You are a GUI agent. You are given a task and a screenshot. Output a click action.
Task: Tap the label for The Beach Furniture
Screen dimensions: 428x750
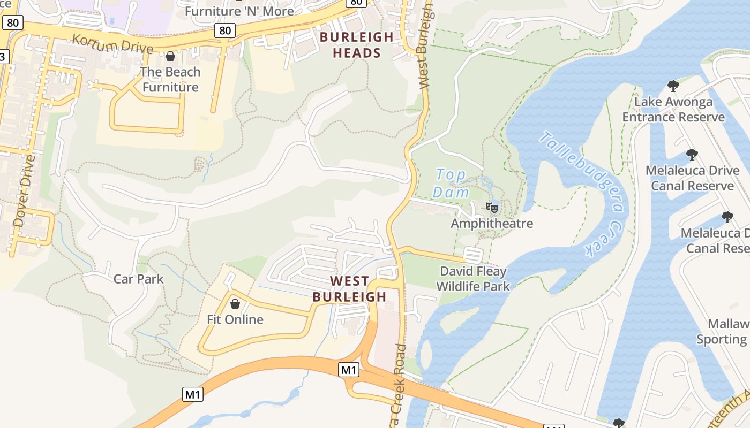[x=170, y=79]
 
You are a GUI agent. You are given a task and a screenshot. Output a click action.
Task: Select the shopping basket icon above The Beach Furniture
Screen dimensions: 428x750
[x=170, y=56]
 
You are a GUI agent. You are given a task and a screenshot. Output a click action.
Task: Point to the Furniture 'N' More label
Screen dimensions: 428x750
[x=239, y=11]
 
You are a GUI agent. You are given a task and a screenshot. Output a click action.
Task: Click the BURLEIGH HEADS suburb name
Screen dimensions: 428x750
[x=356, y=45]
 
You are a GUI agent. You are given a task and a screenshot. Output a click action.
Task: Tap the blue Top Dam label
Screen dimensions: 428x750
[x=451, y=183]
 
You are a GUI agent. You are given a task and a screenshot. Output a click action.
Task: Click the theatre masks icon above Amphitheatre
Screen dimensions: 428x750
[x=491, y=207]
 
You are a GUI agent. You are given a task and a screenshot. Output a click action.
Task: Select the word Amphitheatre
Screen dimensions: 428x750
[x=492, y=223]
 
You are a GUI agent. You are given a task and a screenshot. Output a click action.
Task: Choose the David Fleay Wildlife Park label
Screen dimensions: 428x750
[x=472, y=279]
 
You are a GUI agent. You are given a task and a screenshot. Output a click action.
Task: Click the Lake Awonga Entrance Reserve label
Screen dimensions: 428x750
[x=673, y=109]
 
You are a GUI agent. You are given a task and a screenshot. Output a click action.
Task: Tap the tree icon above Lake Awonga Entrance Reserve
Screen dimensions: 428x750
[x=673, y=86]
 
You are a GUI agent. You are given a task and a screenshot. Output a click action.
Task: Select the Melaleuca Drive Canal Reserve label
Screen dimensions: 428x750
[x=692, y=178]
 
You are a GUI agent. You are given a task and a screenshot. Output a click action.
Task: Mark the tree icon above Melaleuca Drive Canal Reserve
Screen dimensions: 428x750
[x=692, y=155]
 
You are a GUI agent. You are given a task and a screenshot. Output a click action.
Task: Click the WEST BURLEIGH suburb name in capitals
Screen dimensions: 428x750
[x=349, y=289]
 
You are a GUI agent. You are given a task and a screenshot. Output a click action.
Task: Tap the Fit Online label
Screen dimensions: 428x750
[x=235, y=319]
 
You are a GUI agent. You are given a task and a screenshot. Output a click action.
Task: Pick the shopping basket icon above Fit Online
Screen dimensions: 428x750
[x=235, y=304]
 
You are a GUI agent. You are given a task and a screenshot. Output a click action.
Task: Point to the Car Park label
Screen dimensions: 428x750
[x=139, y=279]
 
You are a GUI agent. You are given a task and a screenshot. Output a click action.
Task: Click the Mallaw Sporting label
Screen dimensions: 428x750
[x=723, y=332]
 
